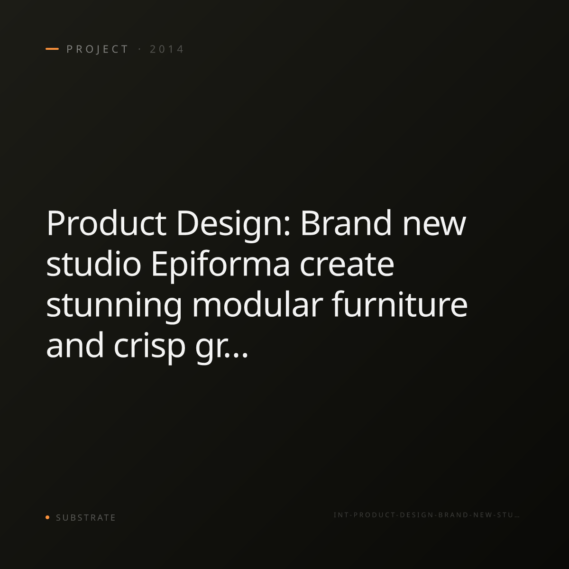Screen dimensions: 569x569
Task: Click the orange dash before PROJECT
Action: pyautogui.click(x=52, y=49)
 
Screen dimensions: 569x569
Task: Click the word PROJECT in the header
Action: pyautogui.click(x=97, y=49)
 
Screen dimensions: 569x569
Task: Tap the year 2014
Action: pyautogui.click(x=167, y=49)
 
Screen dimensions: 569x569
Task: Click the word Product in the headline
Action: pyautogui.click(x=106, y=223)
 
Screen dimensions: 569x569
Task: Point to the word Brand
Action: pyautogui.click(x=346, y=223)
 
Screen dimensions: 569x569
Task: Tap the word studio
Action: pyautogui.click(x=93, y=263)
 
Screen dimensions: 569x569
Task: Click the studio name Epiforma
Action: pyautogui.click(x=220, y=266)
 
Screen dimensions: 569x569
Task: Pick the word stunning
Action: pyautogui.click(x=114, y=307)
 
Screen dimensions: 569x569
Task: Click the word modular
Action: pyautogui.click(x=257, y=304)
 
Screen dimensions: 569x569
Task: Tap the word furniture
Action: pyautogui.click(x=400, y=304)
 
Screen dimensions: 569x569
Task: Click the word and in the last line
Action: pyautogui.click(x=75, y=345)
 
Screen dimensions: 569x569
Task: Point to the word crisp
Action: pyautogui.click(x=149, y=348)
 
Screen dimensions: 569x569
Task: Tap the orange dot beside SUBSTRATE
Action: pyautogui.click(x=47, y=517)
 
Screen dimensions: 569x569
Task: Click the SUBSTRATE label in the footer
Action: pyautogui.click(x=86, y=518)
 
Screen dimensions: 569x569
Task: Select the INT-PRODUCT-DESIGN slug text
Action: pyautogui.click(x=426, y=515)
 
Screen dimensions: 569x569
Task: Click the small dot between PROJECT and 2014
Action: pyautogui.click(x=139, y=49)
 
